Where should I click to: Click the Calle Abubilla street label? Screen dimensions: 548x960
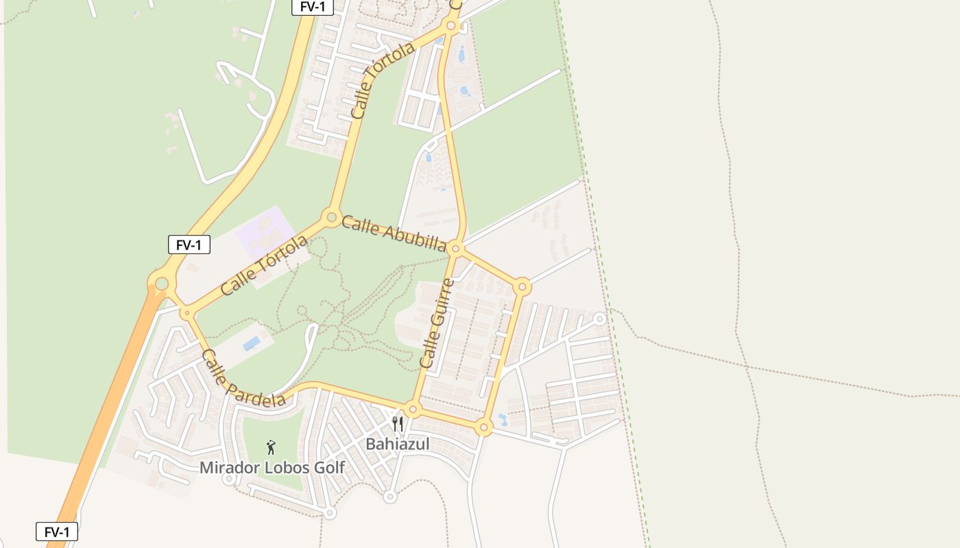point(394,234)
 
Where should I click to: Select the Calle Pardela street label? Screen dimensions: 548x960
point(243,378)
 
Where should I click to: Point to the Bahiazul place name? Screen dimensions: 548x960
point(397,445)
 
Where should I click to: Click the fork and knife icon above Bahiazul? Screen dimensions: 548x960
point(398,424)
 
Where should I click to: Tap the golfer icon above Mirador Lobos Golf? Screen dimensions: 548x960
point(272,447)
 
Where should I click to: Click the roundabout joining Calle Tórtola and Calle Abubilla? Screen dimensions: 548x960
point(332,219)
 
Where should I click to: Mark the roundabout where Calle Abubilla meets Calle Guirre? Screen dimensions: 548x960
point(456,249)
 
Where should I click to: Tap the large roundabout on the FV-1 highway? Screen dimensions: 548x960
point(162,283)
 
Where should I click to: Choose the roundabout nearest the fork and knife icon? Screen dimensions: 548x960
point(412,410)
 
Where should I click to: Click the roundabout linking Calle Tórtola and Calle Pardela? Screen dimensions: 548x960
point(187,313)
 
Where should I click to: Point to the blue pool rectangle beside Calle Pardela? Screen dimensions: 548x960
point(252,342)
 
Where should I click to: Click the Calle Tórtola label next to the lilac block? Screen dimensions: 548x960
point(264,266)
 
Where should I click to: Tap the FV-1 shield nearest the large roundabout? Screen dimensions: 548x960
point(189,245)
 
